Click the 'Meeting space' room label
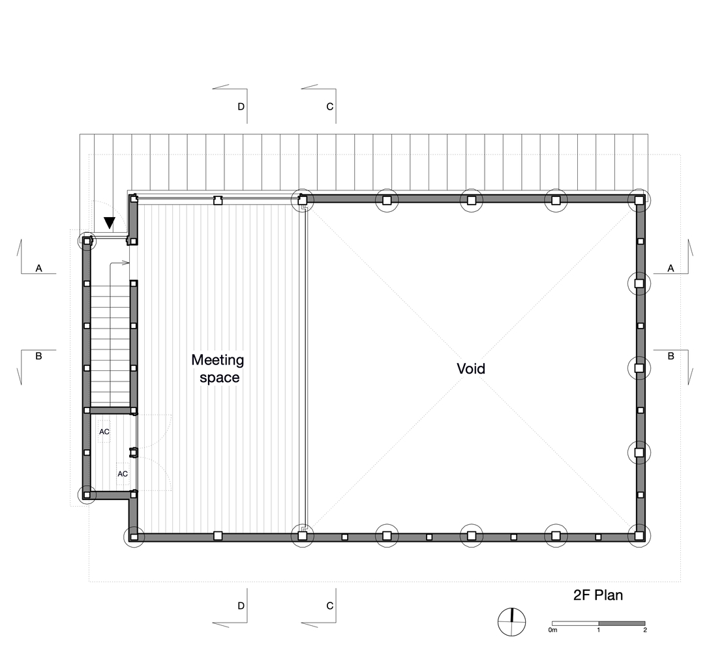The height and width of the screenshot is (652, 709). click(218, 368)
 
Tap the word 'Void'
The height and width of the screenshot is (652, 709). click(471, 368)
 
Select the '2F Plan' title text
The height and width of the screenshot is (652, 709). click(597, 595)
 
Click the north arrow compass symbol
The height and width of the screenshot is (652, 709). click(512, 622)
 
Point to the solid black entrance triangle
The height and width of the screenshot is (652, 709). click(110, 223)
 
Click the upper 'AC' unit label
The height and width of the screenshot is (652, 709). click(104, 432)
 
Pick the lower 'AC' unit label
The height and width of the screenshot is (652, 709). click(123, 474)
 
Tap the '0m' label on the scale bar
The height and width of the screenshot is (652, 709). click(552, 630)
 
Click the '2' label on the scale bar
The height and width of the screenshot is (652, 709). click(645, 630)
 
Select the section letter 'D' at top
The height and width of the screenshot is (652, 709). click(241, 107)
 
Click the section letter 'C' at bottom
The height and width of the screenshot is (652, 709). click(329, 606)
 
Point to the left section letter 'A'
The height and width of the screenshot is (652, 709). click(39, 269)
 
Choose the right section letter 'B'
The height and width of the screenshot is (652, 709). click(671, 356)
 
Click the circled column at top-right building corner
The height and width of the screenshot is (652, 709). click(639, 200)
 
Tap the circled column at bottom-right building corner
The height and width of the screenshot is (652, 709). click(639, 537)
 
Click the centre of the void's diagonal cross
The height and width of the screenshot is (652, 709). click(471, 368)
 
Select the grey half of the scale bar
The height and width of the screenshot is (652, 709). click(622, 623)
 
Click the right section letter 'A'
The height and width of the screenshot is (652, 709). click(671, 269)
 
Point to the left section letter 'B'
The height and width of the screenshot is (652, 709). click(38, 356)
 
